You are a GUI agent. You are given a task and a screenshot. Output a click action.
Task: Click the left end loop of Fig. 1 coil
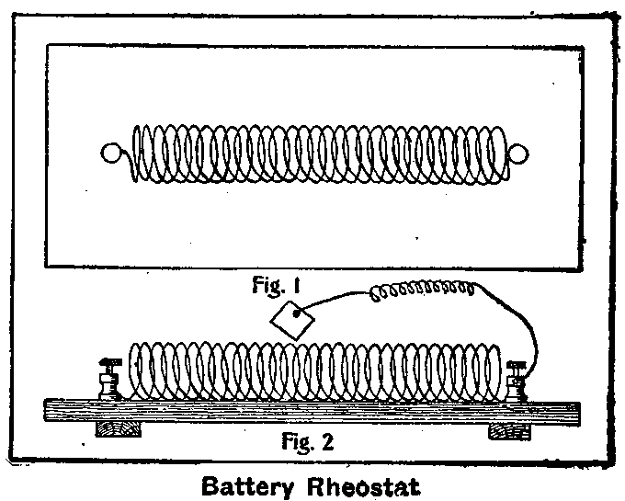click(x=112, y=154)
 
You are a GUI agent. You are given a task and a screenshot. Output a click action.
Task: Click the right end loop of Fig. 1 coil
click(x=517, y=154)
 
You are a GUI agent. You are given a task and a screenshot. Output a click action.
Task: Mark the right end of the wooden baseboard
click(x=575, y=411)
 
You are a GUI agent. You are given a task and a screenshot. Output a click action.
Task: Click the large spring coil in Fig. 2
click(x=312, y=370)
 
